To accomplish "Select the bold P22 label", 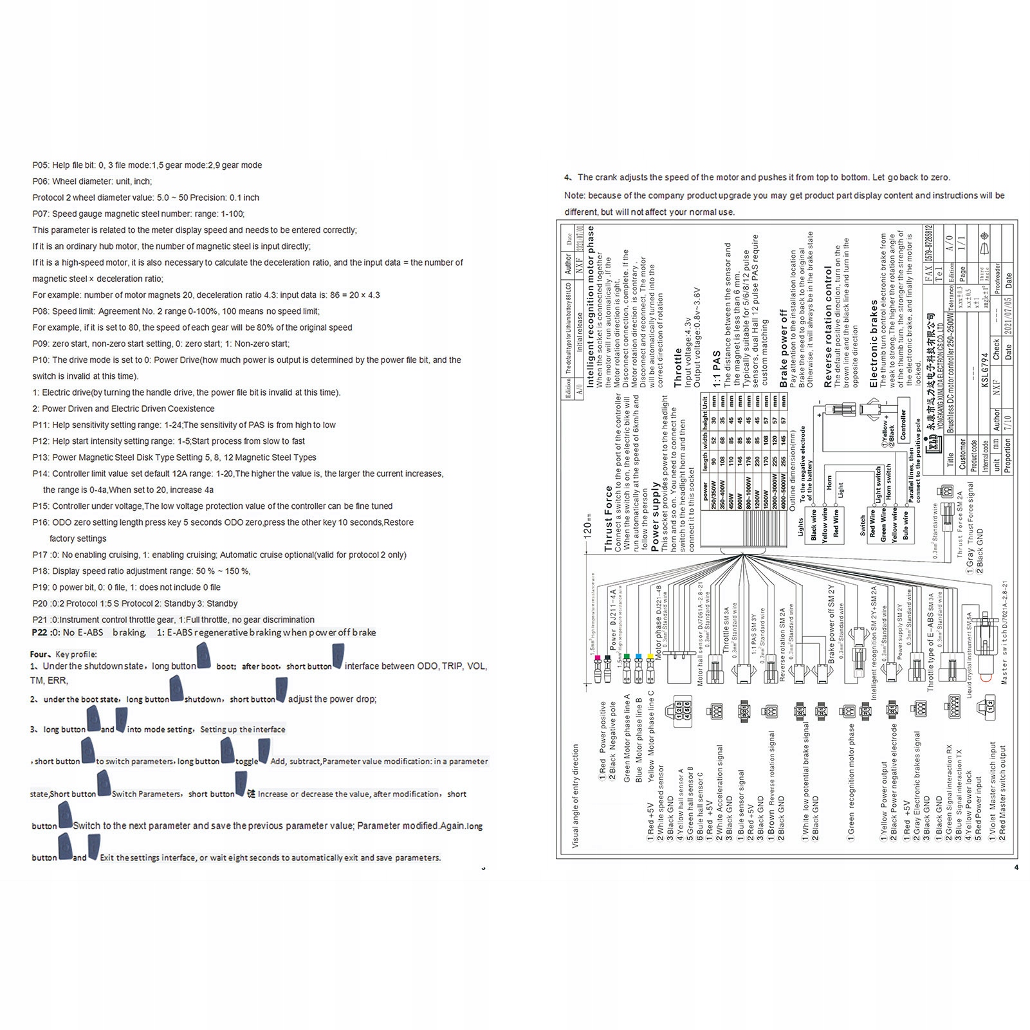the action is (x=39, y=632).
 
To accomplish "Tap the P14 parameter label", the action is (x=41, y=474).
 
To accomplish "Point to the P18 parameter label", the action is (x=41, y=571).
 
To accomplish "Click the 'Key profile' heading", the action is (x=76, y=654).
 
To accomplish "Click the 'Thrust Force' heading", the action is (x=609, y=519).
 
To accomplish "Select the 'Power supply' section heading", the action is (x=655, y=517).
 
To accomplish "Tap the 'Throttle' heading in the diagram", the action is (x=677, y=368).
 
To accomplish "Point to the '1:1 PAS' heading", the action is (x=717, y=369).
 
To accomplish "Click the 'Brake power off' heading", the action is (x=783, y=348).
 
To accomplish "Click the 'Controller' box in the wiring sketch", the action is (x=903, y=425).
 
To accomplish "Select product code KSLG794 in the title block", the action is (x=984, y=370).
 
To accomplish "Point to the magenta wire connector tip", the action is (x=598, y=658).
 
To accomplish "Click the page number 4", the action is (x=1016, y=867).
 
